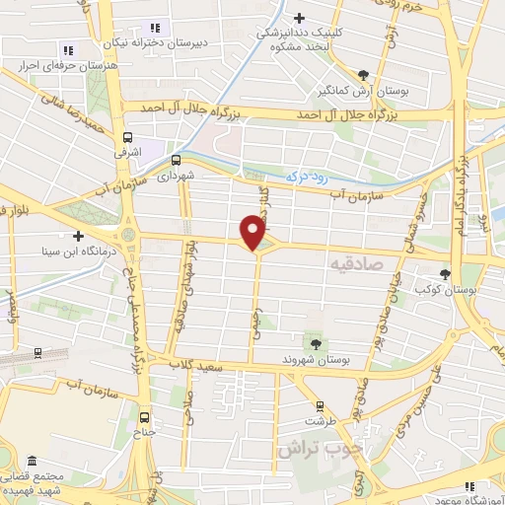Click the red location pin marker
[253, 233]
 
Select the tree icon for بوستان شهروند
[316, 343]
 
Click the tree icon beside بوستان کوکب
[446, 274]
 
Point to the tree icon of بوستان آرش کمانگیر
[364, 75]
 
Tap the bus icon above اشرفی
[128, 139]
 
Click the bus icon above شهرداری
[177, 159]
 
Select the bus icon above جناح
[146, 416]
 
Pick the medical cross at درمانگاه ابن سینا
[78, 236]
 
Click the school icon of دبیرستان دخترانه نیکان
[154, 28]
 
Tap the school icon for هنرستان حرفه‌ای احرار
[68, 49]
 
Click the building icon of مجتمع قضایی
[33, 462]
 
